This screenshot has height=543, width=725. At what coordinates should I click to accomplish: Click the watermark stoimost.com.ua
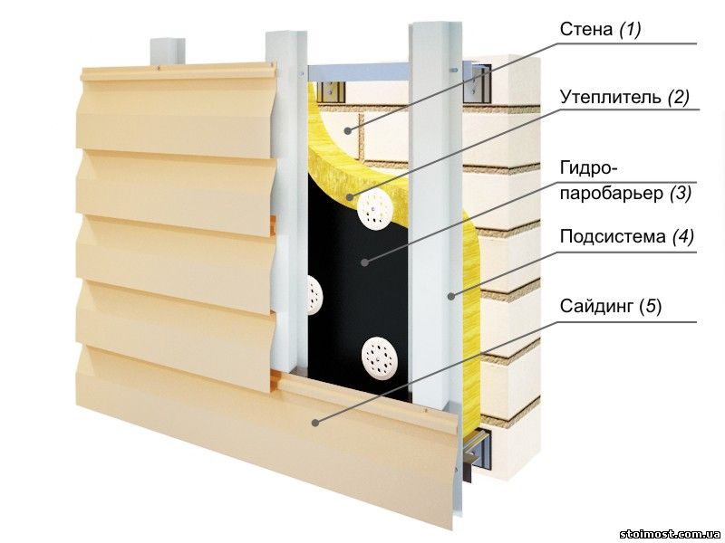tap(671, 533)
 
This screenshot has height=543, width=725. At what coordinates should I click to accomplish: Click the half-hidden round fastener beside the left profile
tap(314, 293)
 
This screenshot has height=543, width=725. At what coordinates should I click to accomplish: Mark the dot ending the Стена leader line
tap(347, 132)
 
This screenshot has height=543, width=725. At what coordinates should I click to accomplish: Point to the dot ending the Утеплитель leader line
tap(369, 198)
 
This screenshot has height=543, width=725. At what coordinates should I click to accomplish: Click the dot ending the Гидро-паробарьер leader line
tap(363, 263)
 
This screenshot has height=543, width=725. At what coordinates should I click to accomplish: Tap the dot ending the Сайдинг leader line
tap(314, 422)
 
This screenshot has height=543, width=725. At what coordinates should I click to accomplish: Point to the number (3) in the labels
tap(680, 192)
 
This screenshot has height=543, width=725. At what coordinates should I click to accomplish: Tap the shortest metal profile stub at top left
tap(163, 51)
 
